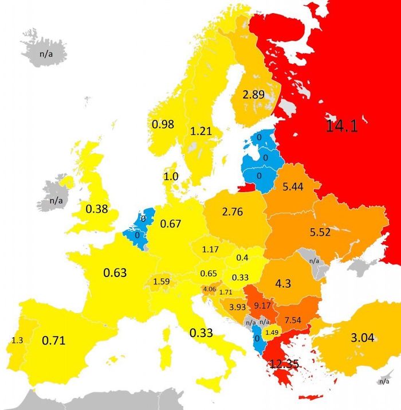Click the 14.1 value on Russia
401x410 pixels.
click(341, 126)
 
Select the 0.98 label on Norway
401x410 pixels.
click(163, 124)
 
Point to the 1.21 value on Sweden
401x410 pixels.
click(201, 131)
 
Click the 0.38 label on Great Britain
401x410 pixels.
click(97, 209)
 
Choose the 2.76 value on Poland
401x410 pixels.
click(232, 212)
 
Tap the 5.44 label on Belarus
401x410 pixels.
click(293, 186)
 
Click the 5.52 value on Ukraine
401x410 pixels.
click(320, 233)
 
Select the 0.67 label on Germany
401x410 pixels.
click(171, 223)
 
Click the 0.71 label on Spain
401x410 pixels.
click(54, 341)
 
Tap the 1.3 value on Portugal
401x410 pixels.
click(17, 340)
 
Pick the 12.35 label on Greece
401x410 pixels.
click(285, 364)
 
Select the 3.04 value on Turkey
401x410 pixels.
click(362, 338)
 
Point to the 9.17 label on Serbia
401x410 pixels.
click(262, 304)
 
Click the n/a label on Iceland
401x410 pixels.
click(45, 54)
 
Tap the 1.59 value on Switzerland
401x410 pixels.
click(161, 282)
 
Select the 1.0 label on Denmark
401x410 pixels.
click(171, 177)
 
